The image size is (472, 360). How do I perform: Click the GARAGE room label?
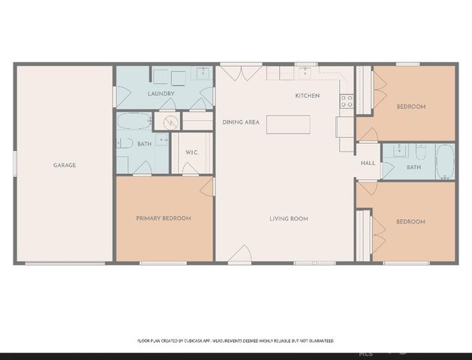coord(65,165)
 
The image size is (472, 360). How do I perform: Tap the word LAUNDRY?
coord(161,94)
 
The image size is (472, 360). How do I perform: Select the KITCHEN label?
coord(307,96)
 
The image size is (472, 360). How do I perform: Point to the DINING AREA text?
coord(241,121)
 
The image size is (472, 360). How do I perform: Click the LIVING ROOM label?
coord(290,219)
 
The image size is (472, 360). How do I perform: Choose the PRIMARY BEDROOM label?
coord(164,218)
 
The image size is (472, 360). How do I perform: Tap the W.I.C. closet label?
coord(192,152)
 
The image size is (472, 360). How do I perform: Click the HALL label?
coord(368,163)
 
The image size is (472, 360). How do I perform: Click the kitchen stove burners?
coord(347,101)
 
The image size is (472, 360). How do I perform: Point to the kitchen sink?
coord(306,72)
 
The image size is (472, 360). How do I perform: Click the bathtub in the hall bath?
coord(445,162)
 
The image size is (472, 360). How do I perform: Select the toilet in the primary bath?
coord(125,143)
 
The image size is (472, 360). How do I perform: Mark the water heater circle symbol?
coord(170,121)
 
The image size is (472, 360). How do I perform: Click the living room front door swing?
coord(239,254)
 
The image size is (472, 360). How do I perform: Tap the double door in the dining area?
coord(232,72)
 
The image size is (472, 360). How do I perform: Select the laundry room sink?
coord(202,73)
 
